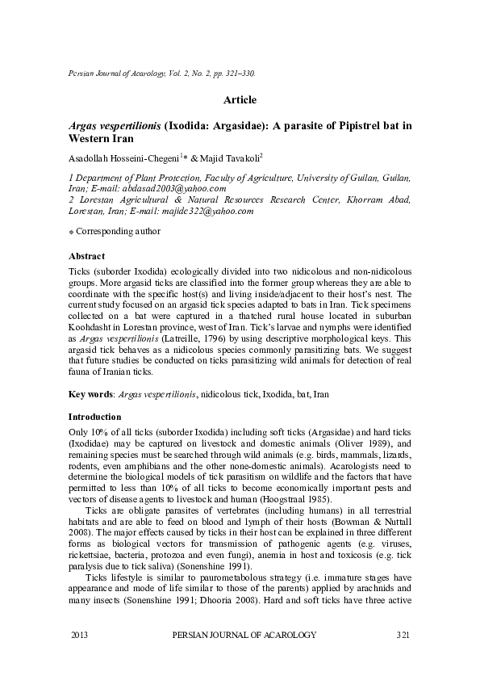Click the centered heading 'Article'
tap(240, 100)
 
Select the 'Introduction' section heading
tap(94, 417)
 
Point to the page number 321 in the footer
tap(403, 636)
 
